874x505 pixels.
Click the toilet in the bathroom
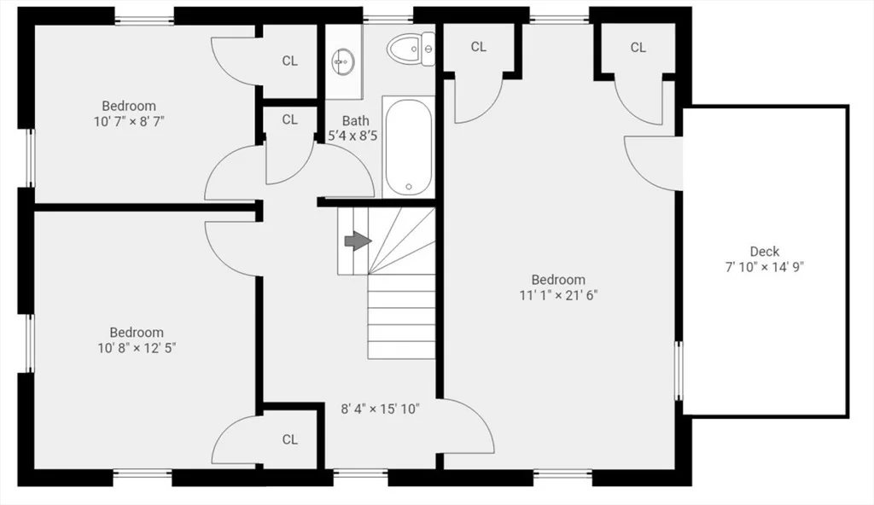(x=411, y=49)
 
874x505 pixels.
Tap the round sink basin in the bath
(x=343, y=61)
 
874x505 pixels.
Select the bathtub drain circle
(x=409, y=187)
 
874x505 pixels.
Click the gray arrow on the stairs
(x=358, y=241)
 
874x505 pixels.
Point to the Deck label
(x=764, y=252)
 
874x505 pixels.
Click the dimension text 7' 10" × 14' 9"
(x=764, y=267)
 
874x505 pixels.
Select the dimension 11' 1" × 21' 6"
(x=558, y=295)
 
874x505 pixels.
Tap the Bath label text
(x=356, y=120)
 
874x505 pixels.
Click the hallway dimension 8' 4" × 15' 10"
(x=380, y=409)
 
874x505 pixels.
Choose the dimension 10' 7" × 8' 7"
(x=129, y=121)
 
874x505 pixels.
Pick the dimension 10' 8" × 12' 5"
(x=137, y=348)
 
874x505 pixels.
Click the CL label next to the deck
(x=638, y=48)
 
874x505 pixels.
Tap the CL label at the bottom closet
(x=290, y=440)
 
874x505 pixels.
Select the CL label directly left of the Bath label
(x=290, y=119)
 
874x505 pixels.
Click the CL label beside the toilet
(x=478, y=47)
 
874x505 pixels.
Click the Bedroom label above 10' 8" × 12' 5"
(x=137, y=332)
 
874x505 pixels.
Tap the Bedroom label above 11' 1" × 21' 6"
(x=558, y=279)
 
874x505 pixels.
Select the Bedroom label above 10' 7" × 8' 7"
(x=129, y=105)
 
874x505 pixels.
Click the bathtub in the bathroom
(x=409, y=147)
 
